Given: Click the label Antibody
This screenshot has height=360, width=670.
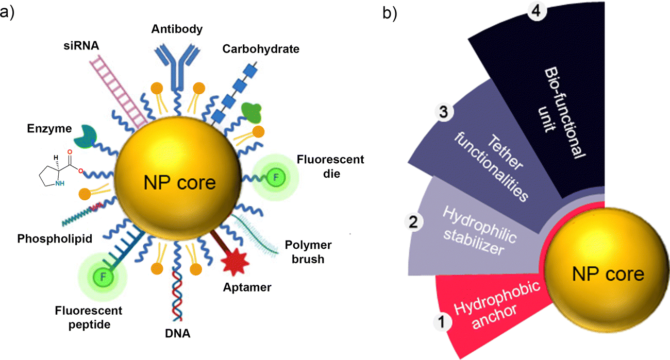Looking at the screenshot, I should pyautogui.click(x=177, y=29).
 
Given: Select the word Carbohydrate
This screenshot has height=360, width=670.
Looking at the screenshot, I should pyautogui.click(x=261, y=49).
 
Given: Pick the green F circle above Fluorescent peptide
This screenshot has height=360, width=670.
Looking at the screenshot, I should pyautogui.click(x=103, y=277).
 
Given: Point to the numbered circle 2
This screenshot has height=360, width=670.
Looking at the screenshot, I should pyautogui.click(x=415, y=222).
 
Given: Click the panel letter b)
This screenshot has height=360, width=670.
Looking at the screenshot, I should pyautogui.click(x=390, y=14).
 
